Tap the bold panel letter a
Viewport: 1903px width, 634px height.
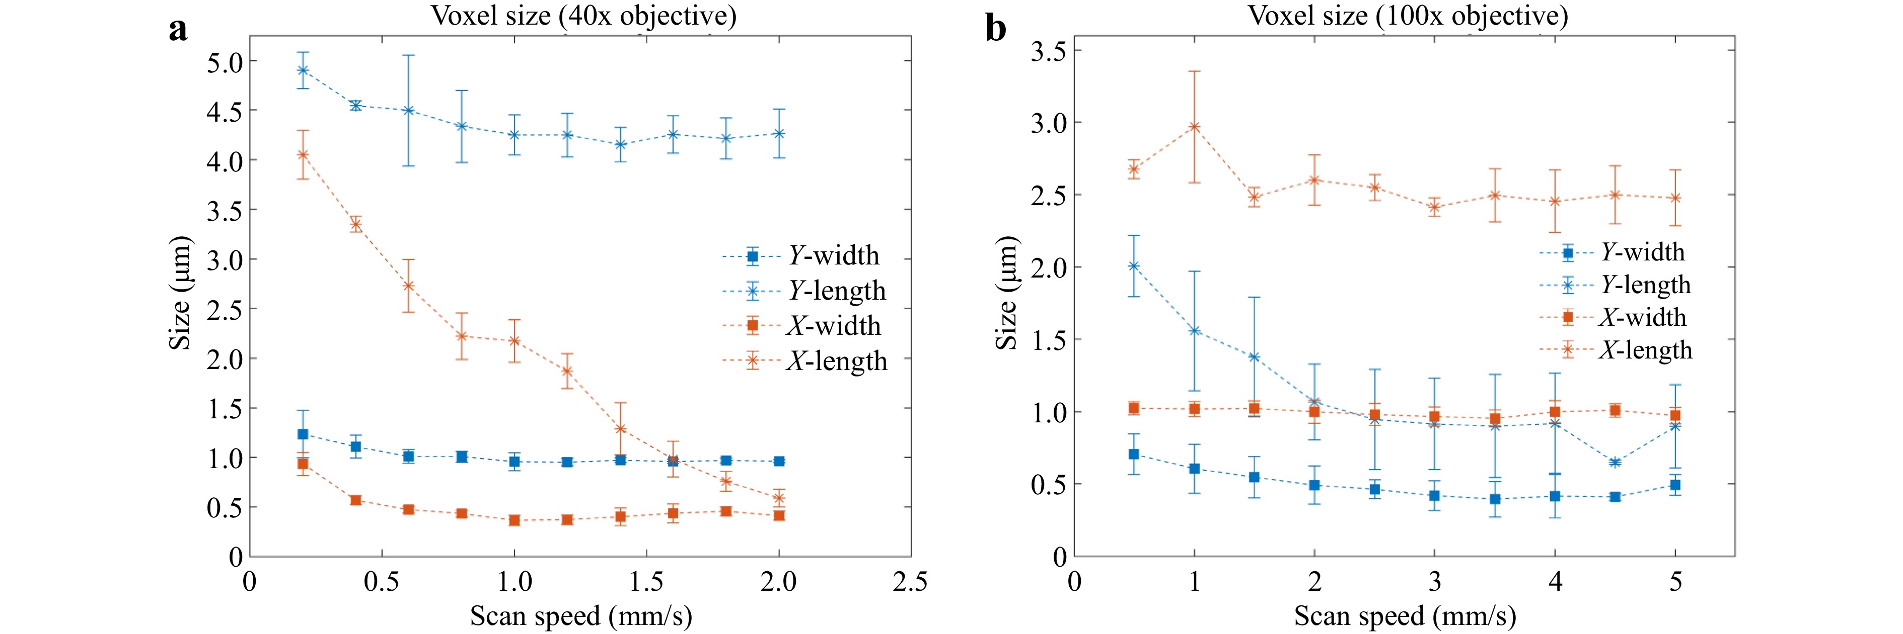coord(178,30)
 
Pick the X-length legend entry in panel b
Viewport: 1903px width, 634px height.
coord(1616,350)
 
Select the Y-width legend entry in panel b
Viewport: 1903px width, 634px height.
coord(1612,252)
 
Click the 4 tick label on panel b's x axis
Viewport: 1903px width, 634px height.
coord(1555,582)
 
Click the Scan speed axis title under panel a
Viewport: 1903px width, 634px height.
coord(580,615)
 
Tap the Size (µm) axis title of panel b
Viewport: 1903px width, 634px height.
coord(1006,293)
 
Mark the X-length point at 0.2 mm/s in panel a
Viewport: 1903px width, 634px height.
coord(302,155)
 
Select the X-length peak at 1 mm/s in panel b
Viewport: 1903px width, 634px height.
coord(1194,127)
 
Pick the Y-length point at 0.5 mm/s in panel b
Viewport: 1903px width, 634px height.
coord(1134,265)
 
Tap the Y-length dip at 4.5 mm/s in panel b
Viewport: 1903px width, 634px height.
coord(1615,463)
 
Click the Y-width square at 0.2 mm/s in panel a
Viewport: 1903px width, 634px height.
coord(302,434)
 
